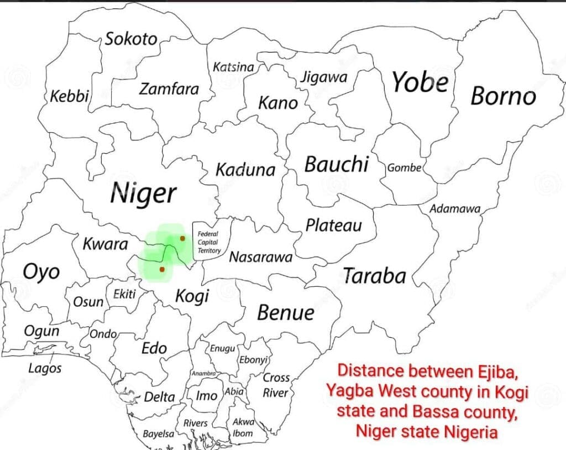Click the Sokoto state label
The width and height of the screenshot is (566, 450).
click(131, 39)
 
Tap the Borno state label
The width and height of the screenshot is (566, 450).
click(503, 96)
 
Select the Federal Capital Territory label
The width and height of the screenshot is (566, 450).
click(208, 243)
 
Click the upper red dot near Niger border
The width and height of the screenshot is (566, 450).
click(182, 238)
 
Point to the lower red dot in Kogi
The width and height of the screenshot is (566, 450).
click(162, 269)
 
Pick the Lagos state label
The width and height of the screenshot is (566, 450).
click(45, 368)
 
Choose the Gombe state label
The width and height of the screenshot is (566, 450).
click(404, 168)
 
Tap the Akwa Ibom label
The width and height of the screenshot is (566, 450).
click(243, 427)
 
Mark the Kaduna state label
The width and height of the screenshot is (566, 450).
click(245, 170)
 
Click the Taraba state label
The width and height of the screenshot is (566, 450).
click(375, 276)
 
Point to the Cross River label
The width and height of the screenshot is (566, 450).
click(276, 385)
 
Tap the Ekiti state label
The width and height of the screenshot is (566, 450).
click(124, 294)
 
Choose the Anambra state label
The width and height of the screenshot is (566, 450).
click(203, 374)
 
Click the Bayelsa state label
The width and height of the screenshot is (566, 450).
click(158, 434)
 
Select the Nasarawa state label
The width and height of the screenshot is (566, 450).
click(260, 257)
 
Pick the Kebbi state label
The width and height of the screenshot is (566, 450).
click(70, 96)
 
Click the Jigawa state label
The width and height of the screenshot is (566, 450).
click(323, 77)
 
